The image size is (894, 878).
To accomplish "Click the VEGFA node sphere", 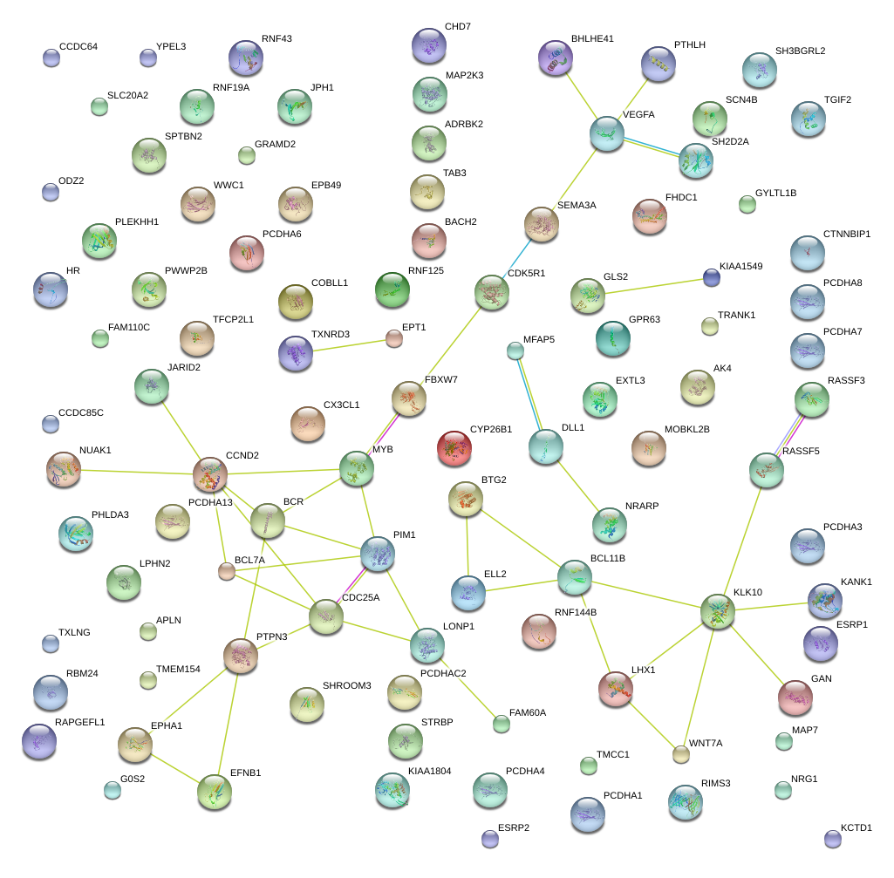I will [606, 133].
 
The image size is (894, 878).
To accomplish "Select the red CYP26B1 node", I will [454, 447].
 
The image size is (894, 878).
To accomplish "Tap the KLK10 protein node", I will [717, 611].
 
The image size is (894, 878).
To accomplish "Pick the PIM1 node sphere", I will [378, 554].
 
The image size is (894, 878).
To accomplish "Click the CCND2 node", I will [210, 473].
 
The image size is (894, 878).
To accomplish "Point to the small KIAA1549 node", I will [712, 277].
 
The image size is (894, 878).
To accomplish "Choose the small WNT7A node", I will [681, 754].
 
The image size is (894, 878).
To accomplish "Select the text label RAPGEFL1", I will [79, 722].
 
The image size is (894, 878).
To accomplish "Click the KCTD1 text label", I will [856, 827].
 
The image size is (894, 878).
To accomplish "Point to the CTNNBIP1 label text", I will [846, 234].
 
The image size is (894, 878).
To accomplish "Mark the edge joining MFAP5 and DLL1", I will [530, 398].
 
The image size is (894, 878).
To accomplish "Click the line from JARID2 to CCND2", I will [181, 430].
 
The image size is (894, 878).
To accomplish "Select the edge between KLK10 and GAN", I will [755, 654].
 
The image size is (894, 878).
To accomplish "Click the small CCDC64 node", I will [51, 58].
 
